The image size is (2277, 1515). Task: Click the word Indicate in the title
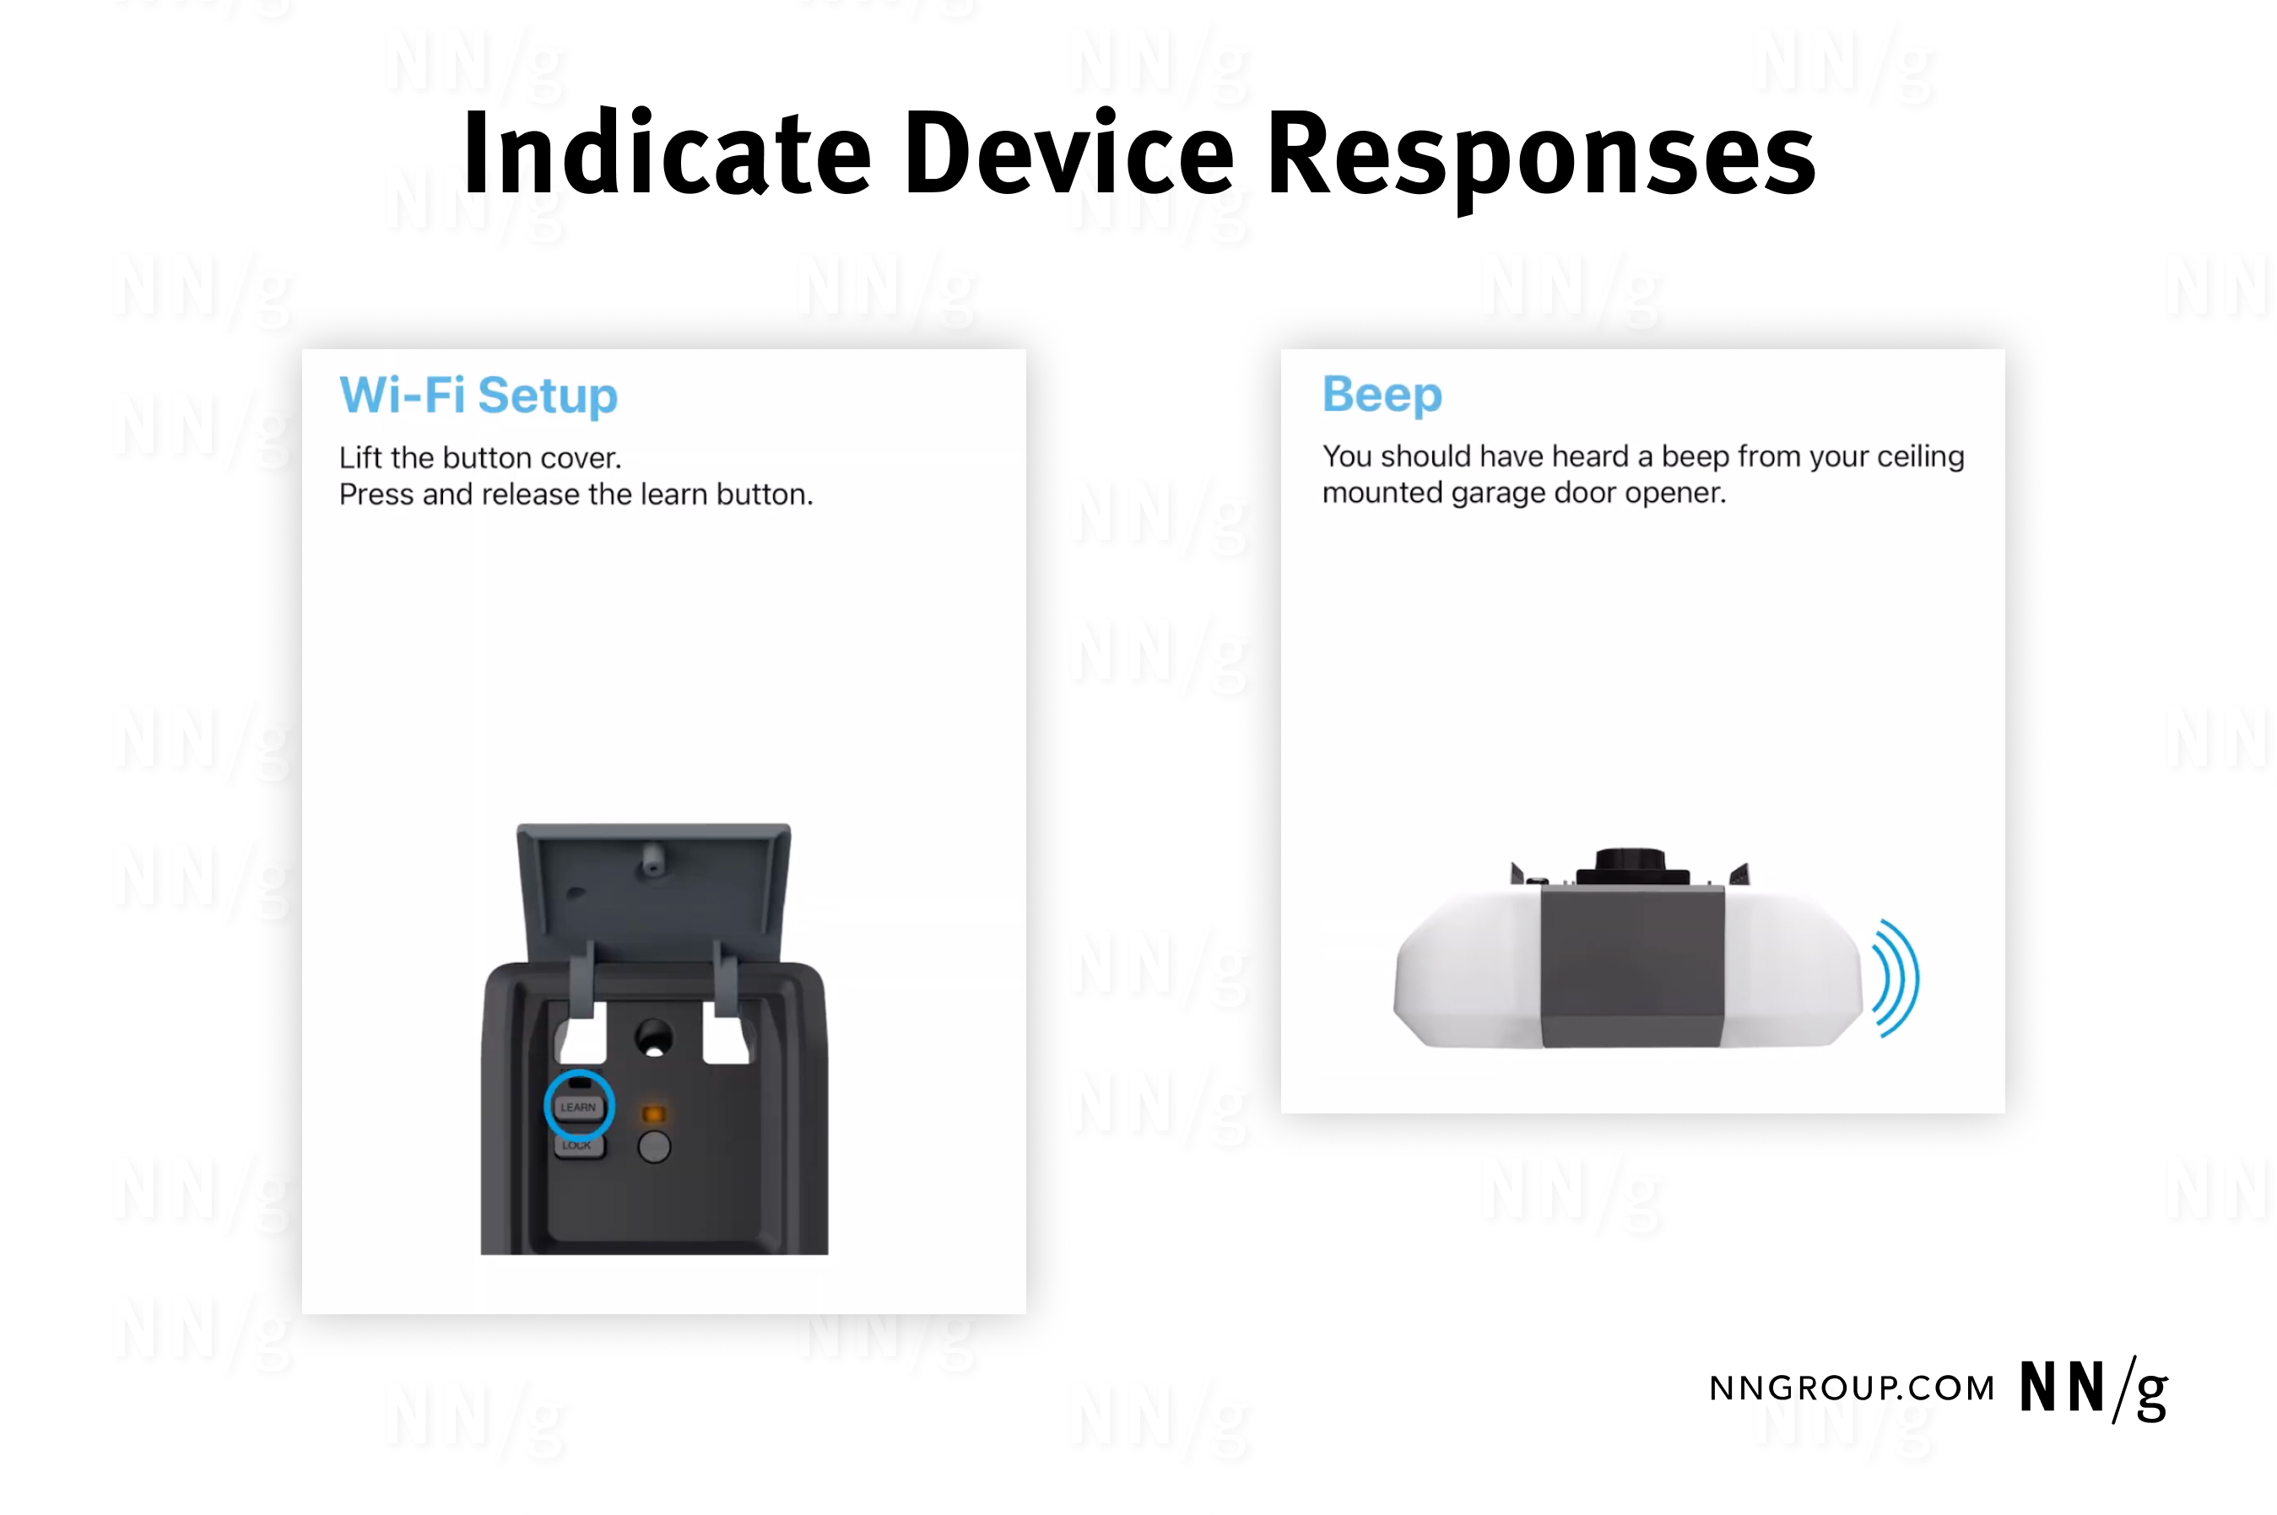pyautogui.click(x=668, y=152)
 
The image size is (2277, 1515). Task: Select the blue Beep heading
pyautogui.click(x=1382, y=395)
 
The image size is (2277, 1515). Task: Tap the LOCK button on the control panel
pyautogui.click(x=578, y=1146)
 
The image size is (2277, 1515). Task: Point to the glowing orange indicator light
pyautogui.click(x=654, y=1114)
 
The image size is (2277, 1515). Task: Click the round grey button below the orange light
pyautogui.click(x=654, y=1147)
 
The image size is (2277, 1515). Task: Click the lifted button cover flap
pyautogui.click(x=654, y=889)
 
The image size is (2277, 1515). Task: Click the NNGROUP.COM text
pyautogui.click(x=1852, y=1388)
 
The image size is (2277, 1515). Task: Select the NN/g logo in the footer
pyautogui.click(x=2093, y=1389)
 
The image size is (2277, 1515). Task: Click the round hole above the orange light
pyautogui.click(x=654, y=1038)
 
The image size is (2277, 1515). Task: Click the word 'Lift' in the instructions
pyautogui.click(x=360, y=457)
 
